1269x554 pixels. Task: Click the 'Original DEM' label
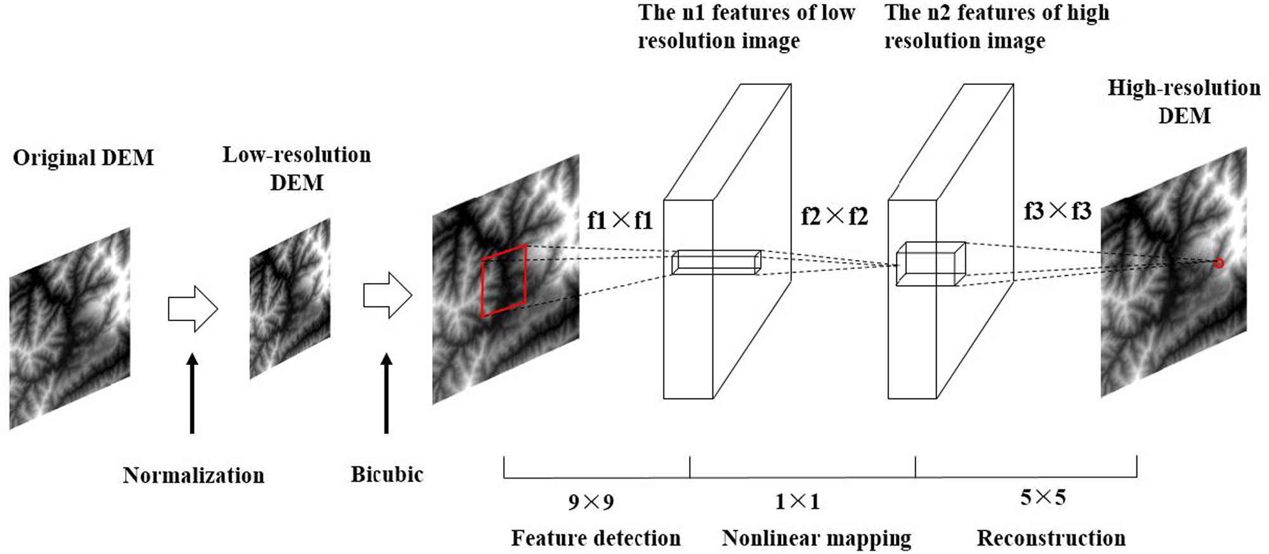(x=83, y=157)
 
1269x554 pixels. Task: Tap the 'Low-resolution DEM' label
(x=296, y=169)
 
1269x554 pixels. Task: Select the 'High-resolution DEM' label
(x=1184, y=102)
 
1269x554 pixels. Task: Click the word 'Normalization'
(x=194, y=475)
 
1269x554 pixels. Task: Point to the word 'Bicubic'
(x=387, y=474)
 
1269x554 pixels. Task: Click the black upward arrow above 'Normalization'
(x=192, y=393)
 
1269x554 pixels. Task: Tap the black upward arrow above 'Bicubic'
(x=386, y=393)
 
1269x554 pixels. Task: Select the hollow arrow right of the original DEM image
(x=193, y=309)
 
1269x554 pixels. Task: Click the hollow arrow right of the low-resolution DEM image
(x=388, y=295)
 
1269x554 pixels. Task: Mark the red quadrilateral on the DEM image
(x=504, y=280)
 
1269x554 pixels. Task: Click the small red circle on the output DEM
(x=1218, y=263)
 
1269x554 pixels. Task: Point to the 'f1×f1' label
(x=620, y=220)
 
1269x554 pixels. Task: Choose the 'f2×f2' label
(x=834, y=216)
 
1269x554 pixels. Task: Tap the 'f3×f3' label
(x=1057, y=211)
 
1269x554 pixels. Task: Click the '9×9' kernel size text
(x=591, y=503)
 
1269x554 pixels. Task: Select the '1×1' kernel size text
(x=798, y=502)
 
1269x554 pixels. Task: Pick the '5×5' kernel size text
(x=1042, y=498)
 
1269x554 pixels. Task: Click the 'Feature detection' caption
(x=596, y=538)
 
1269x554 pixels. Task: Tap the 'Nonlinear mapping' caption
(x=817, y=538)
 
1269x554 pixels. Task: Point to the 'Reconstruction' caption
(x=1051, y=538)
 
